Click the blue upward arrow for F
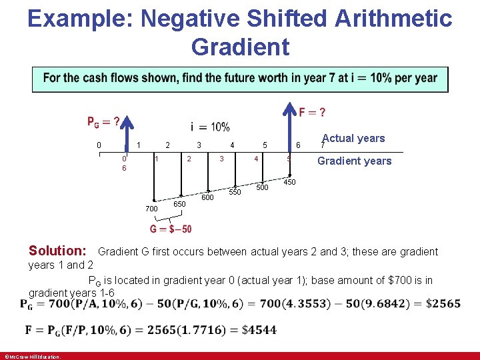click(290, 127)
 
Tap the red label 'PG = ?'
click(104, 121)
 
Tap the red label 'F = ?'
click(313, 112)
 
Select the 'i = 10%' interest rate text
click(210, 127)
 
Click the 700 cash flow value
click(151, 209)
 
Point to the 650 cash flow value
click(179, 203)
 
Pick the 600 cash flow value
click(207, 197)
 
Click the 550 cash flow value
click(235, 192)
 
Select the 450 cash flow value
click(290, 182)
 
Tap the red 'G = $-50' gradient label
click(171, 229)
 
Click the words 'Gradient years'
click(354, 161)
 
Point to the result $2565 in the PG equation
click(445, 304)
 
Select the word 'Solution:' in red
click(57, 251)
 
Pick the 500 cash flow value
click(263, 187)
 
